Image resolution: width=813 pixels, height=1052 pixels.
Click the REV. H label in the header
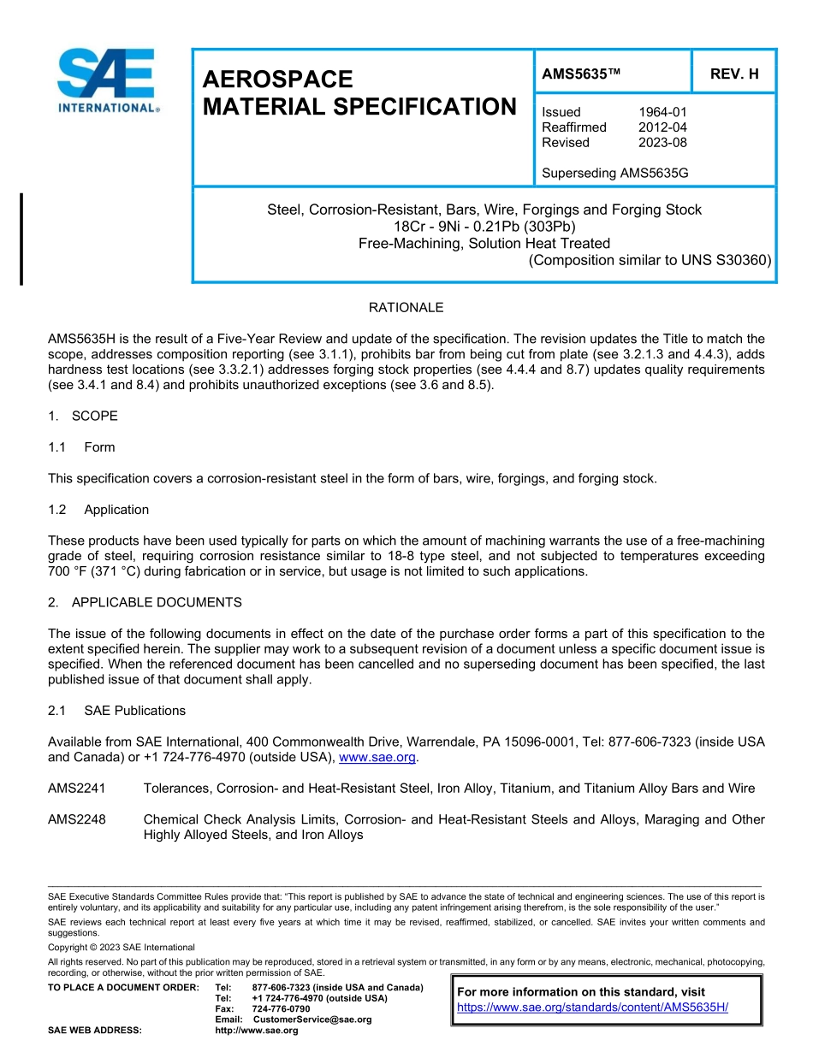(x=734, y=74)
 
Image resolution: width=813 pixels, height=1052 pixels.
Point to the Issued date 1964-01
(x=662, y=112)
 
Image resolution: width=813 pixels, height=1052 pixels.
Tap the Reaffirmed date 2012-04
(x=662, y=127)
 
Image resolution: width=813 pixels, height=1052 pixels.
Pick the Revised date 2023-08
(x=662, y=143)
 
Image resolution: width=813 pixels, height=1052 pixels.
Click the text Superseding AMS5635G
(x=614, y=174)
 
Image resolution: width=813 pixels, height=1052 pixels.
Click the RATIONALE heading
(x=406, y=308)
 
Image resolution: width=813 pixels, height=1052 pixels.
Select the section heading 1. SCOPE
(x=83, y=417)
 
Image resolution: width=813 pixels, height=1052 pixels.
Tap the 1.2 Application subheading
(x=98, y=510)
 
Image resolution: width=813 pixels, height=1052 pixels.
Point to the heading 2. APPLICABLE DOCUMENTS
(x=145, y=603)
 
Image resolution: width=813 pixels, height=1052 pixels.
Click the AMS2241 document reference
(x=77, y=789)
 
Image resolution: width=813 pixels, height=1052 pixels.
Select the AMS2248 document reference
(x=77, y=819)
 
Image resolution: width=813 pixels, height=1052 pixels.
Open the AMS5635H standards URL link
(x=592, y=1008)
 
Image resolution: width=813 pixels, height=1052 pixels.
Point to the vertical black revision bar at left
(x=21, y=239)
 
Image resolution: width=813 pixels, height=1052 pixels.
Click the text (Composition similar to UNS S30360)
(x=650, y=260)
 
